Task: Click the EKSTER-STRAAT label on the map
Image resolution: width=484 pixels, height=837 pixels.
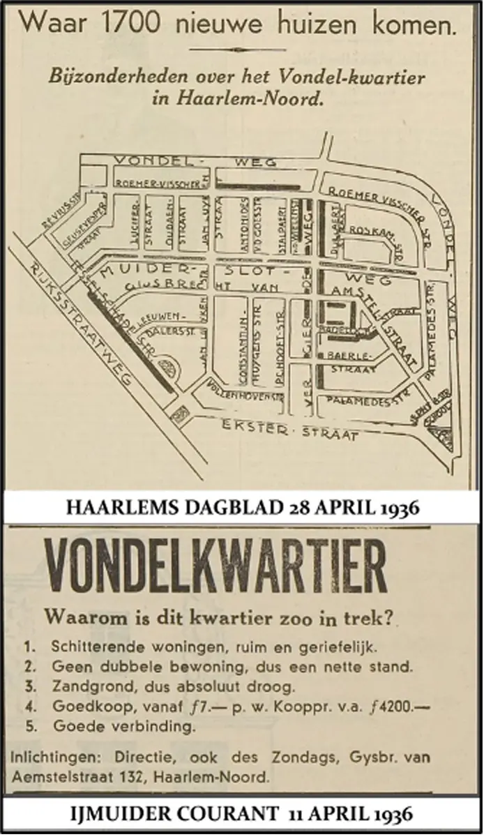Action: click(290, 431)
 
